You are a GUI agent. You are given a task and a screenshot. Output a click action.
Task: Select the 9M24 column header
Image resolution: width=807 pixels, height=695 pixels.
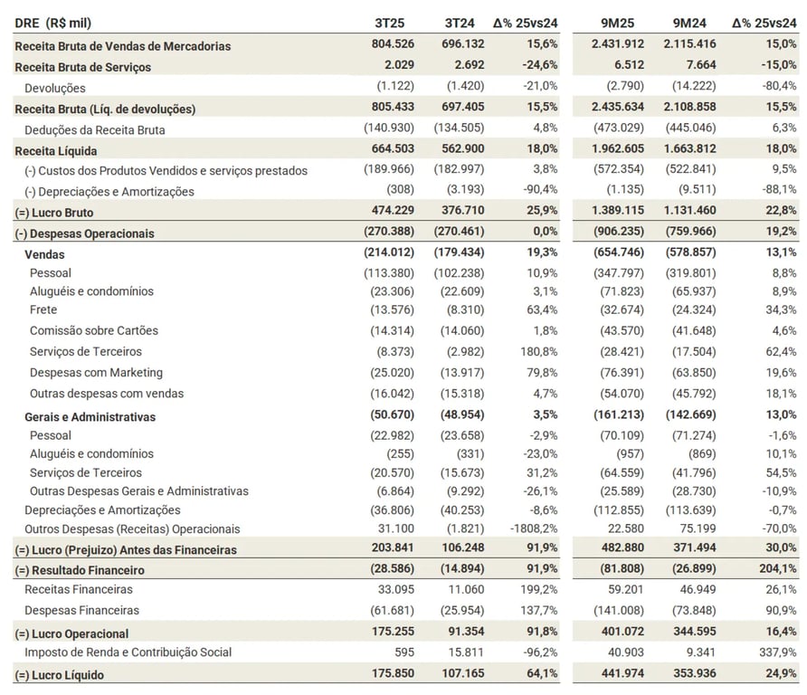click(x=689, y=23)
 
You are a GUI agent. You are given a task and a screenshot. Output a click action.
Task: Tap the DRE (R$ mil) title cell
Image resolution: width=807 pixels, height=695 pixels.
click(x=53, y=23)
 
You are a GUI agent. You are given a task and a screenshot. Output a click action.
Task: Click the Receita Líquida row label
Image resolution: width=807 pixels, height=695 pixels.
click(x=56, y=150)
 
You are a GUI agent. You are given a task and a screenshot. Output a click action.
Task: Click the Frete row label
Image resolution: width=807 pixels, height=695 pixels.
click(x=43, y=309)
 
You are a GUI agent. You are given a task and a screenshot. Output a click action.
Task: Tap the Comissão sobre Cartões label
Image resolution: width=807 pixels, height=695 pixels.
click(x=87, y=330)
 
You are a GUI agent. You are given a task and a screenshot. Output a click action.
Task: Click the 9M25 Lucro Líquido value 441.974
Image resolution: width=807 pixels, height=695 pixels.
click(x=614, y=674)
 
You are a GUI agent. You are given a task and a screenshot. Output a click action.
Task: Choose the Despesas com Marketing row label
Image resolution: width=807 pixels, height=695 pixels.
click(x=96, y=372)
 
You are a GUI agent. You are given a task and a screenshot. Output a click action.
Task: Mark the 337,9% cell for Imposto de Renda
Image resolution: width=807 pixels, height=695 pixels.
click(x=777, y=652)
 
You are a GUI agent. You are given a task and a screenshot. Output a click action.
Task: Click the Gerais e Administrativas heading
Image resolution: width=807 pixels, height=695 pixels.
click(x=90, y=417)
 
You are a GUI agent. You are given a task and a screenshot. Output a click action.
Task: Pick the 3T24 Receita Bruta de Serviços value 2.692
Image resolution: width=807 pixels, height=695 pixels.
click(x=465, y=66)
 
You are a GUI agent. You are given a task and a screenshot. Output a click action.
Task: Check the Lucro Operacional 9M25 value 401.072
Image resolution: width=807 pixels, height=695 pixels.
click(x=614, y=633)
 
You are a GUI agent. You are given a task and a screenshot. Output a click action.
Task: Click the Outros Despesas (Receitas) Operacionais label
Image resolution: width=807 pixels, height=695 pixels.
click(x=132, y=528)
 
